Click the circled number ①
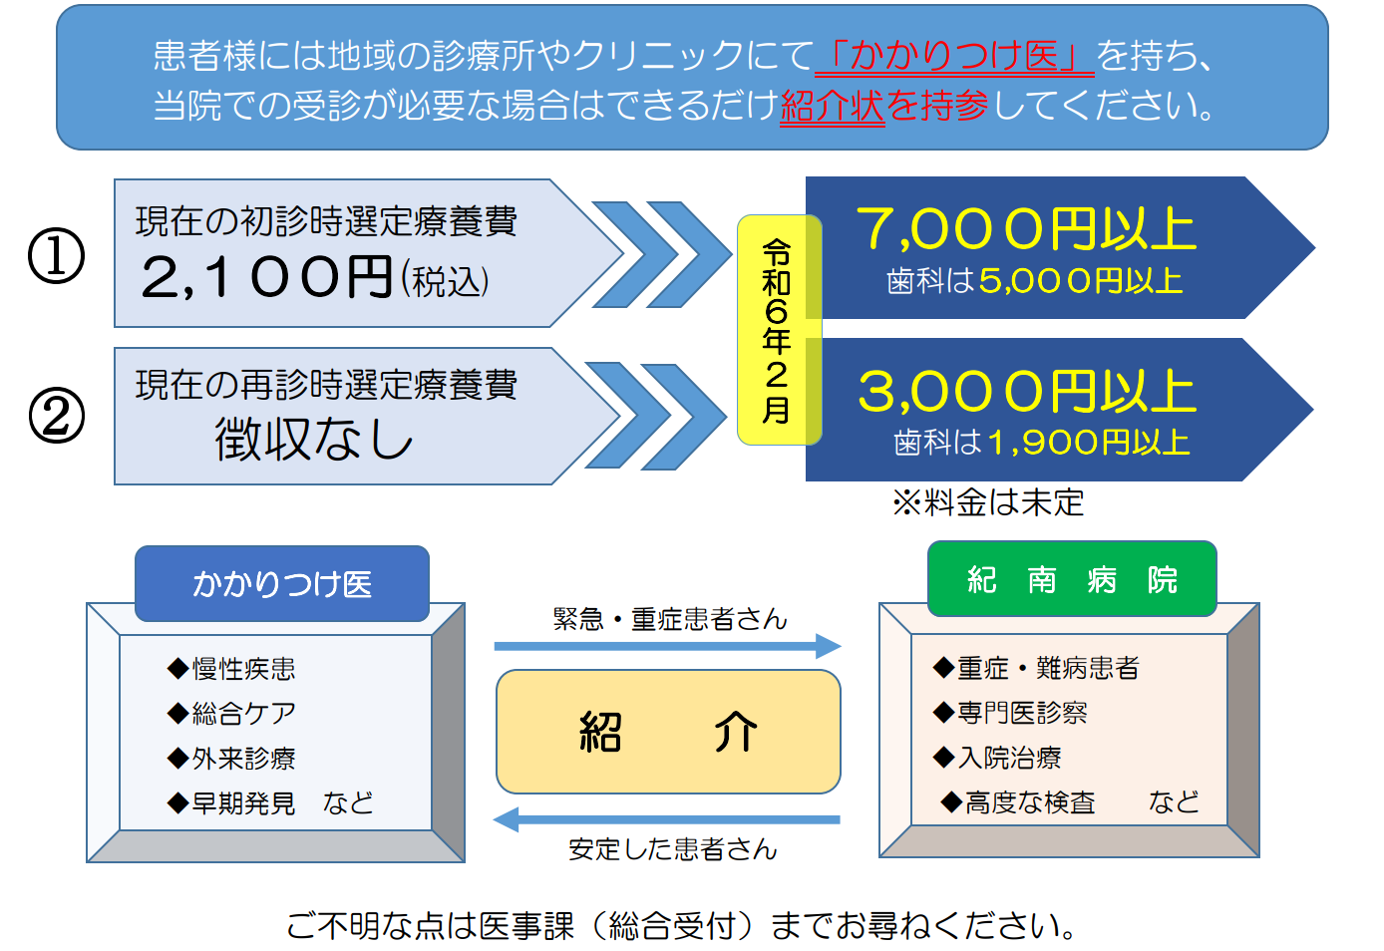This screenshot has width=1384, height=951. pos(56,255)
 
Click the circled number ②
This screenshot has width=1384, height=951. pos(56,415)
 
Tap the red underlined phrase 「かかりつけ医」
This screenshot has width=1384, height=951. pos(954,56)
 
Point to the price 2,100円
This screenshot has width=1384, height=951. pos(267,277)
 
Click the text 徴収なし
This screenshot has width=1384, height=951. pos(313,439)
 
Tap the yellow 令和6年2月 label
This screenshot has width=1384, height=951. pos(778,330)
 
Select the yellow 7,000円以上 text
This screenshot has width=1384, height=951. pos(1026,228)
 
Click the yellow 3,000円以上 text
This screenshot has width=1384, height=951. pos(1027,391)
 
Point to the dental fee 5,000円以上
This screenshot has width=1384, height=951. pos(1081,280)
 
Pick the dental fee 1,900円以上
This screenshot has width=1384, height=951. pos(1089,443)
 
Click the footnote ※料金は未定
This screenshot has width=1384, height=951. pos(988,502)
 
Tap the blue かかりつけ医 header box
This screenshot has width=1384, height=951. pos(282,583)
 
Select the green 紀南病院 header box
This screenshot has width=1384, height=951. pos(1072,578)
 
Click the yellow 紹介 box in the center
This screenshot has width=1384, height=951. pos(668,731)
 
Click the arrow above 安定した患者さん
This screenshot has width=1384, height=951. pos(667,819)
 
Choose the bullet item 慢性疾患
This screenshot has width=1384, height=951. pos(231,669)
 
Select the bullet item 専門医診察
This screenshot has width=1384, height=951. pos(1009,713)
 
